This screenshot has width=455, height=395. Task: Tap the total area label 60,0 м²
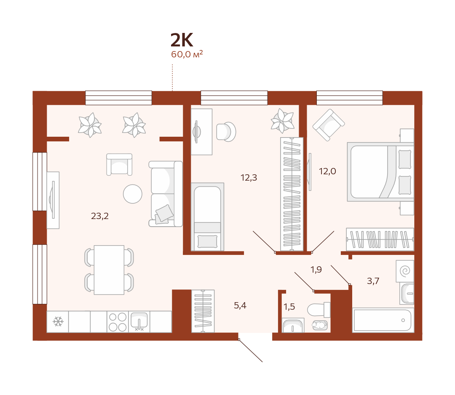point(187,54)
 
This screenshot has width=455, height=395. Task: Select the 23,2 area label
point(100,216)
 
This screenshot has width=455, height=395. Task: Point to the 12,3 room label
point(249,178)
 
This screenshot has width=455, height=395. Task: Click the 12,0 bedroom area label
point(327,171)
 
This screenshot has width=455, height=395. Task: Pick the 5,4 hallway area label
point(240,306)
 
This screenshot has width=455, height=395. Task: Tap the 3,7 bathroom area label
point(373,281)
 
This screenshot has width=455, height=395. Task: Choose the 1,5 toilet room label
point(289,307)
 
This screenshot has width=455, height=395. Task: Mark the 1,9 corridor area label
point(316,270)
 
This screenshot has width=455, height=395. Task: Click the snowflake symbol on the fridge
point(58,322)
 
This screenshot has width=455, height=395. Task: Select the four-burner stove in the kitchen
point(118,322)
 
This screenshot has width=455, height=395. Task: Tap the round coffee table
point(133,194)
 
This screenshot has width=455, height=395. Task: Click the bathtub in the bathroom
point(383,320)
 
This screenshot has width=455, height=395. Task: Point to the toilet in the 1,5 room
point(318,310)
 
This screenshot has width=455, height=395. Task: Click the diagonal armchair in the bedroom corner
point(329,125)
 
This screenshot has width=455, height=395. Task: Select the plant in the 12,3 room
point(282,121)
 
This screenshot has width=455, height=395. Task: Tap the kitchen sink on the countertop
point(139,322)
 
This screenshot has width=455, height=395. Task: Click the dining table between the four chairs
point(109,270)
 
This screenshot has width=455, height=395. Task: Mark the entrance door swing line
point(251,351)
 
